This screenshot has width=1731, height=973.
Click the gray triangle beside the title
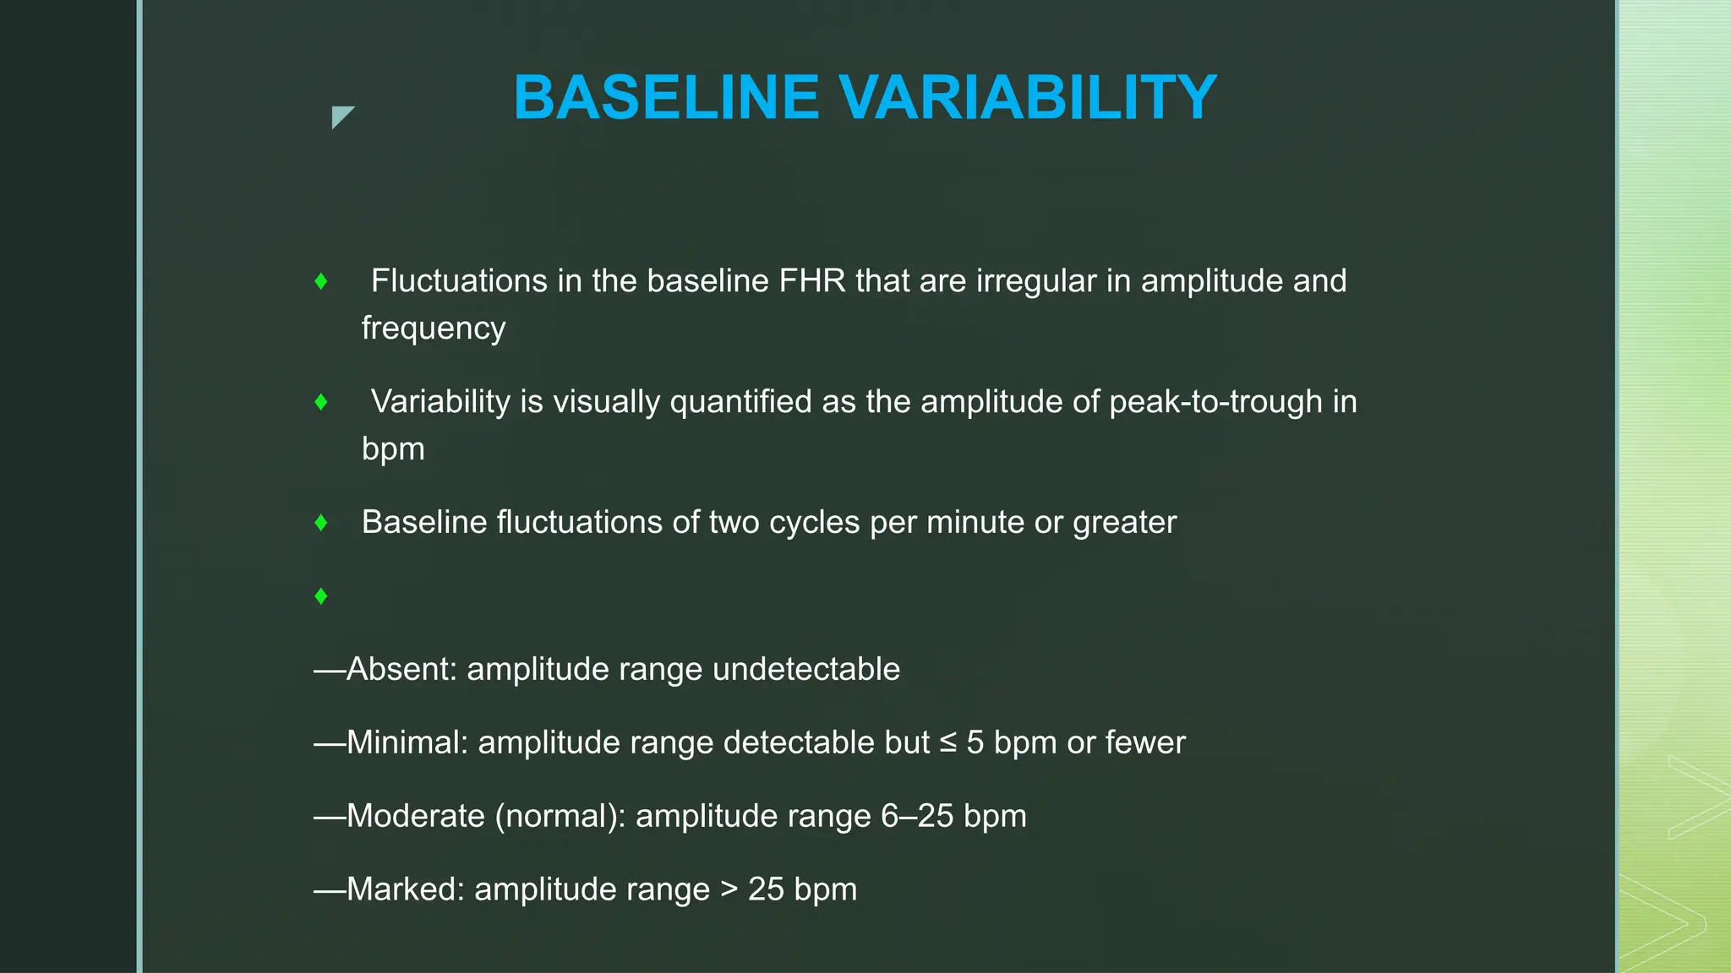point(341,116)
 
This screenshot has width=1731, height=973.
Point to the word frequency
point(433,329)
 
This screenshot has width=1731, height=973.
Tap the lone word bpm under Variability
point(393,449)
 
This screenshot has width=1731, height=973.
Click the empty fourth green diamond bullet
point(321,596)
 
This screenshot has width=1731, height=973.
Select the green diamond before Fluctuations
point(321,281)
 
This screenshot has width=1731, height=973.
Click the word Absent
point(401,670)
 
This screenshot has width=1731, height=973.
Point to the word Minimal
point(407,743)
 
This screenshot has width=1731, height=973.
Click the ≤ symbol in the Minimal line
point(948,743)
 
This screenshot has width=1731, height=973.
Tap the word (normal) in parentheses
point(560,817)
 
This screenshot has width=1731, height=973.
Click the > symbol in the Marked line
point(729,890)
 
